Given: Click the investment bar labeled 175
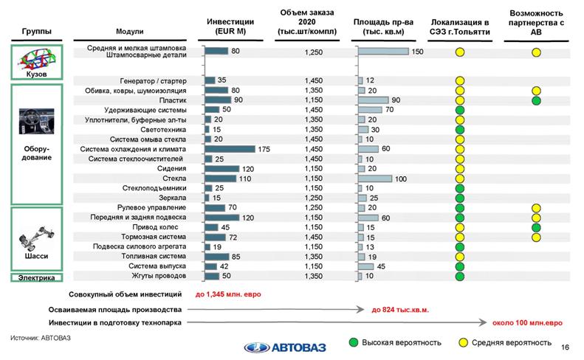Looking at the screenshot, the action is click(230, 149).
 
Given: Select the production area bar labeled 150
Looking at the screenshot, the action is click(383, 52).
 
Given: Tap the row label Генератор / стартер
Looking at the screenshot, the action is click(153, 81).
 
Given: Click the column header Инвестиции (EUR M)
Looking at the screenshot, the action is click(230, 27).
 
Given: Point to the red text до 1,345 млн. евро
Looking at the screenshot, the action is click(228, 294).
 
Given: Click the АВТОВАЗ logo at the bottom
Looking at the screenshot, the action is click(285, 347).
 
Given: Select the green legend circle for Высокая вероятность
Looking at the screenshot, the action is click(354, 342).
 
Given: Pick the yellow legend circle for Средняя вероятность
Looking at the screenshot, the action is click(463, 342).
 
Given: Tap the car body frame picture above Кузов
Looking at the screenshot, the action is click(37, 59).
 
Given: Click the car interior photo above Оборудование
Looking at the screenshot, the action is click(36, 122).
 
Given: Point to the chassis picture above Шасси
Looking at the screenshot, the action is click(36, 238).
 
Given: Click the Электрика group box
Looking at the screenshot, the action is click(36, 277).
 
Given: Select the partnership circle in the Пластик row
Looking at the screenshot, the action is click(536, 100).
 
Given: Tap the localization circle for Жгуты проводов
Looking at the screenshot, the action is click(460, 276).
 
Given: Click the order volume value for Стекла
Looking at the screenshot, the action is click(313, 179).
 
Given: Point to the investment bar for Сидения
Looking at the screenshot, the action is click(222, 169).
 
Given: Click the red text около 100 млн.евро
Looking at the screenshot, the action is click(527, 323).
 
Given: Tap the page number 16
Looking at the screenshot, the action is click(565, 347).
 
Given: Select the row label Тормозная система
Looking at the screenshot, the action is click(154, 237).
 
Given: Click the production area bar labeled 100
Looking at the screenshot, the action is click(375, 179).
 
